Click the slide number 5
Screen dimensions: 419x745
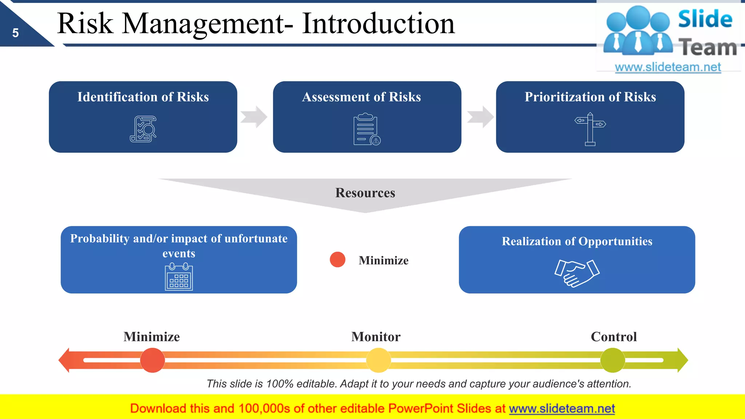pos(15,33)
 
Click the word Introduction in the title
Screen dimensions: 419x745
pos(378,24)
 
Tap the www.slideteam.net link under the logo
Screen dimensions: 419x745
pos(668,67)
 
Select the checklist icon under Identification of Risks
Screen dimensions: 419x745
pos(143,129)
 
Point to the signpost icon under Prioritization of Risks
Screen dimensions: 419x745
pos(590,129)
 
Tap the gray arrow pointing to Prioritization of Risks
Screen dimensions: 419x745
pos(480,117)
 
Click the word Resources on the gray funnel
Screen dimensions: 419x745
pos(365,193)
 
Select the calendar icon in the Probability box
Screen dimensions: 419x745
pos(179,277)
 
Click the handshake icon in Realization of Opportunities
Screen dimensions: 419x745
pos(577,273)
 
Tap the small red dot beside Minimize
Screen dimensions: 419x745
pos(337,260)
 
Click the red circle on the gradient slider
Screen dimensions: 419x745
pos(152,360)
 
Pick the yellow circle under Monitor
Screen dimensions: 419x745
pos(378,360)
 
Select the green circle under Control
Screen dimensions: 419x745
pos(613,360)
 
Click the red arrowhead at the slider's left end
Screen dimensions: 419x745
pos(65,360)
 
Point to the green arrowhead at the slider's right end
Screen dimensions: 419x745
pos(682,360)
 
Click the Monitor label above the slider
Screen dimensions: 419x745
pos(376,337)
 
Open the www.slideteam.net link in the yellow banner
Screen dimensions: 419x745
pos(562,409)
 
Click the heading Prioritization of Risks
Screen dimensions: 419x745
pos(590,97)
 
